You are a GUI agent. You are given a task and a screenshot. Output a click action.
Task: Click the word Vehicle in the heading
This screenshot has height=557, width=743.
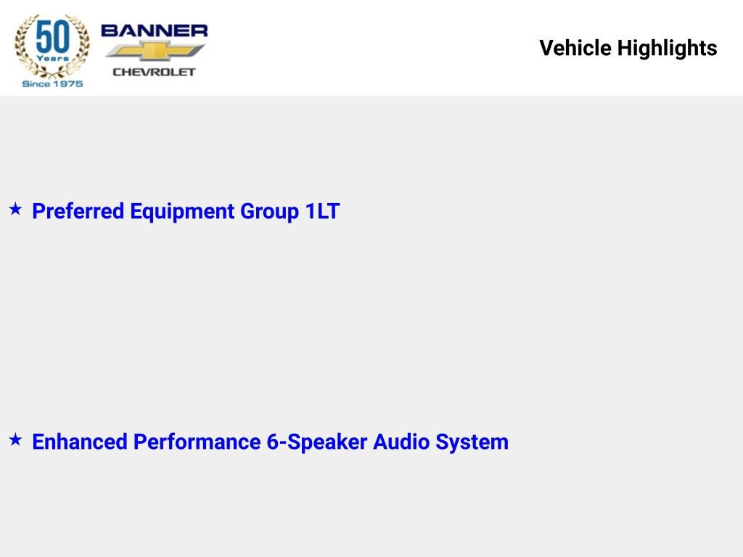click(575, 48)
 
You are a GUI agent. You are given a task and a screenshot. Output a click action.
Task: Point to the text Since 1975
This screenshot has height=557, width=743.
click(52, 84)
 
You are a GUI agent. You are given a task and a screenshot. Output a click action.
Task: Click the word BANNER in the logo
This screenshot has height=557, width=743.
click(154, 30)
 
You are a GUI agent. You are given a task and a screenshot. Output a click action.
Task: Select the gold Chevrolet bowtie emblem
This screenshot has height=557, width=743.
click(155, 51)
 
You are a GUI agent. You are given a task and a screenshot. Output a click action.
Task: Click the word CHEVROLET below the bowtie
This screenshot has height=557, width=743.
click(154, 72)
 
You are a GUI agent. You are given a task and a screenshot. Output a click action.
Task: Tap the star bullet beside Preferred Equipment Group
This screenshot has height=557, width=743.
click(16, 209)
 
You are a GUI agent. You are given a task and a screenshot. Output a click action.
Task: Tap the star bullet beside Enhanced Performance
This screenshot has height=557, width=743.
click(16, 440)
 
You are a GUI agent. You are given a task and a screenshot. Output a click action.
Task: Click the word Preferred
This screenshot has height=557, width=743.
click(78, 211)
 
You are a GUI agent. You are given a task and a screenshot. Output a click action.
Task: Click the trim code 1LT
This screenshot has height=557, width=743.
click(322, 211)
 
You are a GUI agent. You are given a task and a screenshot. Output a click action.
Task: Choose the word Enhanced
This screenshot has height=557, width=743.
click(80, 442)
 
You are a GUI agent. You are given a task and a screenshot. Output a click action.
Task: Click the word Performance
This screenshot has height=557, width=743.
click(197, 442)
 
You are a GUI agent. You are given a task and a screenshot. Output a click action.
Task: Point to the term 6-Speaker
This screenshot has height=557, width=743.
click(317, 442)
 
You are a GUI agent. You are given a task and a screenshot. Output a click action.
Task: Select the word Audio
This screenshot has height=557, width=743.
click(401, 442)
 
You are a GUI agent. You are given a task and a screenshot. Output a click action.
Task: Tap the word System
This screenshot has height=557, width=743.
click(472, 442)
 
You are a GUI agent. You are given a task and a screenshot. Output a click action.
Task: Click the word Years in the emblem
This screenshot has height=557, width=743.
click(52, 58)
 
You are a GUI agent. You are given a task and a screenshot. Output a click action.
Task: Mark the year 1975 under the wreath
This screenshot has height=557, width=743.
click(67, 84)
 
